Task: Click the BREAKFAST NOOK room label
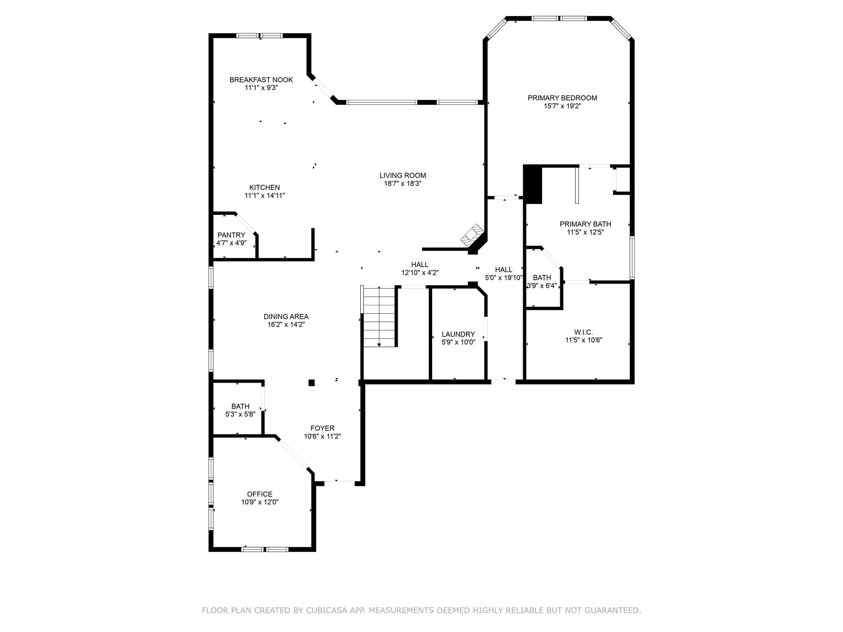(x=261, y=80)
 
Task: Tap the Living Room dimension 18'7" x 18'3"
(x=403, y=184)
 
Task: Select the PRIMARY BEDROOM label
(x=562, y=98)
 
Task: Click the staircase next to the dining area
(x=379, y=317)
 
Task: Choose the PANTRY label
(x=231, y=235)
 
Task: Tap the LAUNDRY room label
(x=458, y=334)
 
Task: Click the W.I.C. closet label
(x=583, y=332)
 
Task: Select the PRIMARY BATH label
(x=585, y=224)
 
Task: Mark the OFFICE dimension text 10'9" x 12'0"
(x=260, y=502)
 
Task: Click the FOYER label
(x=322, y=428)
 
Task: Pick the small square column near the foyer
(x=312, y=383)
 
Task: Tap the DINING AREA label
(x=286, y=316)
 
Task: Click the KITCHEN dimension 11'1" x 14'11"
(x=265, y=195)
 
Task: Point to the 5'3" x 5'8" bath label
(x=240, y=414)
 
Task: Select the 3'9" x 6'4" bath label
(x=542, y=286)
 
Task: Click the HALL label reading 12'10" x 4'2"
(x=420, y=272)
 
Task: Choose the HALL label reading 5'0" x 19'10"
(x=503, y=277)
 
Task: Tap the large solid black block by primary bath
(x=532, y=184)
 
